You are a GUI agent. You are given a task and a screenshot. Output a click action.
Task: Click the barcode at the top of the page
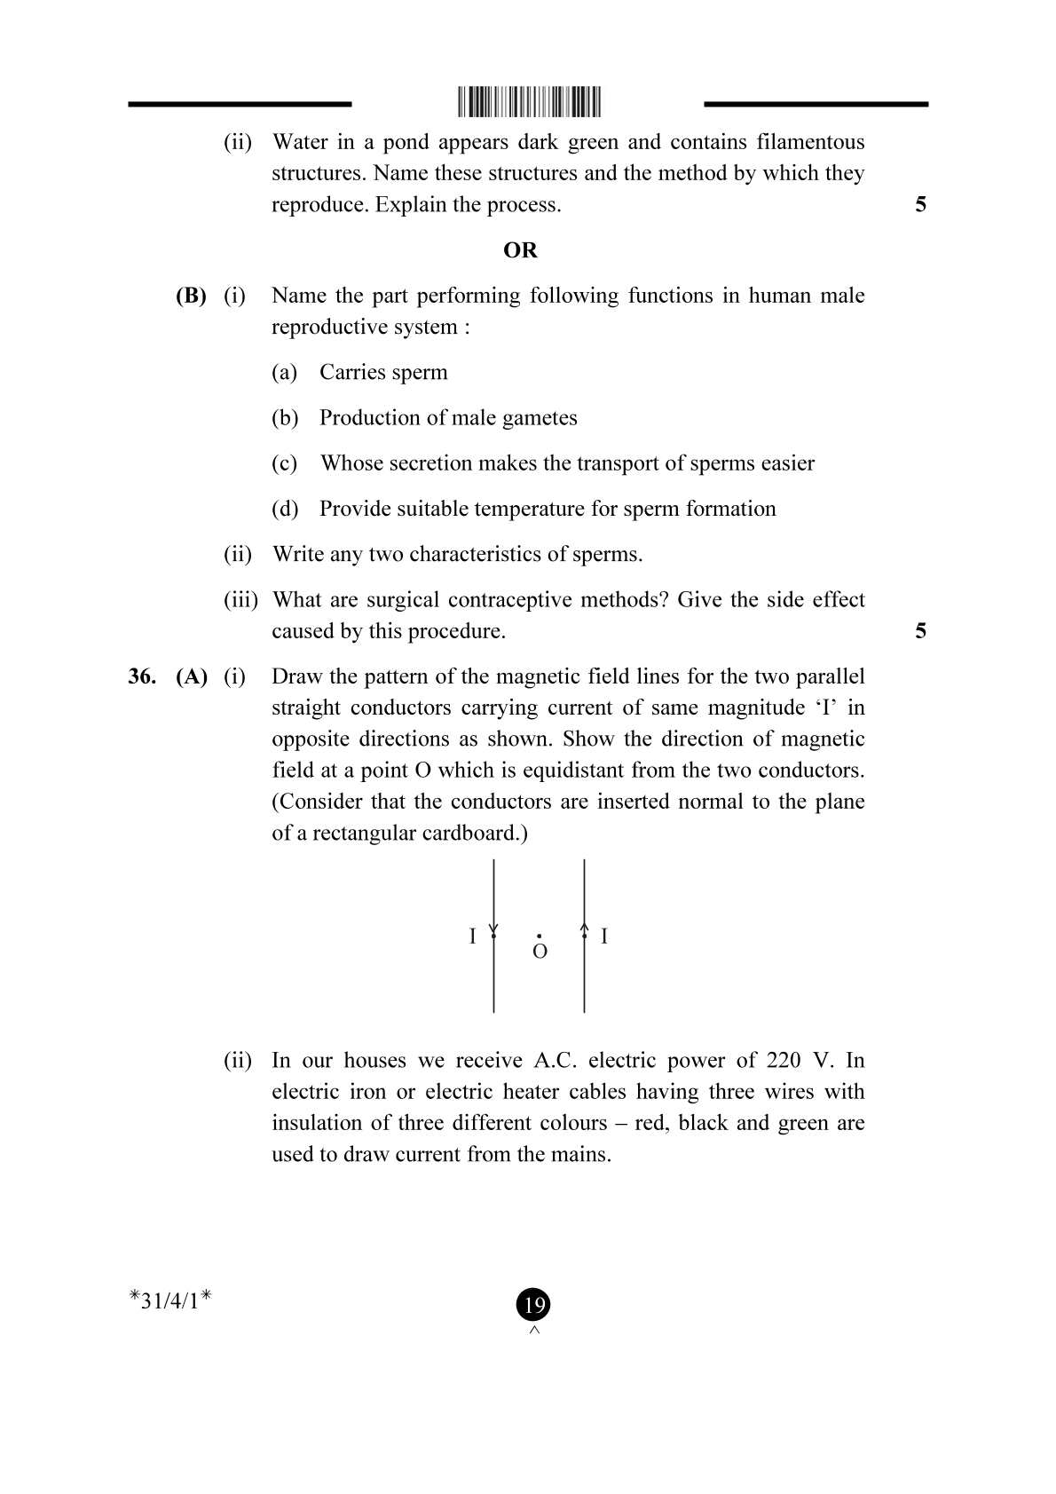(x=529, y=102)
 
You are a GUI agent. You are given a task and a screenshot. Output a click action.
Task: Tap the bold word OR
(x=520, y=250)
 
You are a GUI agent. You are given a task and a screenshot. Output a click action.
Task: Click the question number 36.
(x=142, y=676)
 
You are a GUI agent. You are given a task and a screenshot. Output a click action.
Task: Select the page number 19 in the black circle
(x=533, y=1305)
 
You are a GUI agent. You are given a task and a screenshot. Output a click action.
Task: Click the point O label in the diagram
(x=540, y=953)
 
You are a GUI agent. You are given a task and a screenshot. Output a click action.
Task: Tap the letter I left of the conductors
(x=472, y=936)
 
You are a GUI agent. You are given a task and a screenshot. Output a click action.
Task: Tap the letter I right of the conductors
(x=604, y=936)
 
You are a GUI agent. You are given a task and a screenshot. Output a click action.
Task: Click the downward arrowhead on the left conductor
(x=493, y=929)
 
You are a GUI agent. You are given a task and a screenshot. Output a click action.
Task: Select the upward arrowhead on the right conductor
(x=584, y=929)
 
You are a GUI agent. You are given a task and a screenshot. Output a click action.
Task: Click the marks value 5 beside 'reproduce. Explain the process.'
(x=920, y=204)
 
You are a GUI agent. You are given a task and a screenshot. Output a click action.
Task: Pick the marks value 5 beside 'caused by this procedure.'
(x=920, y=631)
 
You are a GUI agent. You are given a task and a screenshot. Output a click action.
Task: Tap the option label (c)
(x=284, y=463)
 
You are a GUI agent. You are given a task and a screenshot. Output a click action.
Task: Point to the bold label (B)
(x=191, y=296)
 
